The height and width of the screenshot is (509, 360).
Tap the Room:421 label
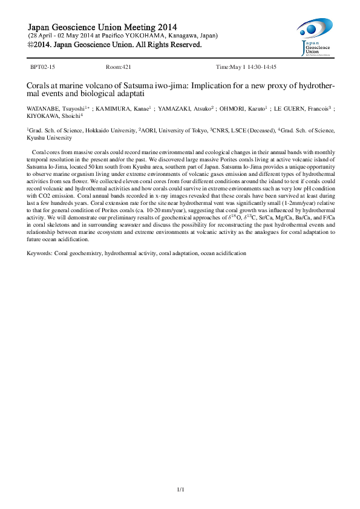coord(119,67)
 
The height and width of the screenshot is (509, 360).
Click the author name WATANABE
coord(42,109)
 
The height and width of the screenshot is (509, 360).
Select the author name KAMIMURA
coord(114,109)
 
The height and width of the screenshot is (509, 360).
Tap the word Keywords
coord(39,252)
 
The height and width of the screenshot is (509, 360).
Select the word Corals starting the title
coord(38,86)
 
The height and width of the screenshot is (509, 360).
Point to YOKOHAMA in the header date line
coord(142,36)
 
